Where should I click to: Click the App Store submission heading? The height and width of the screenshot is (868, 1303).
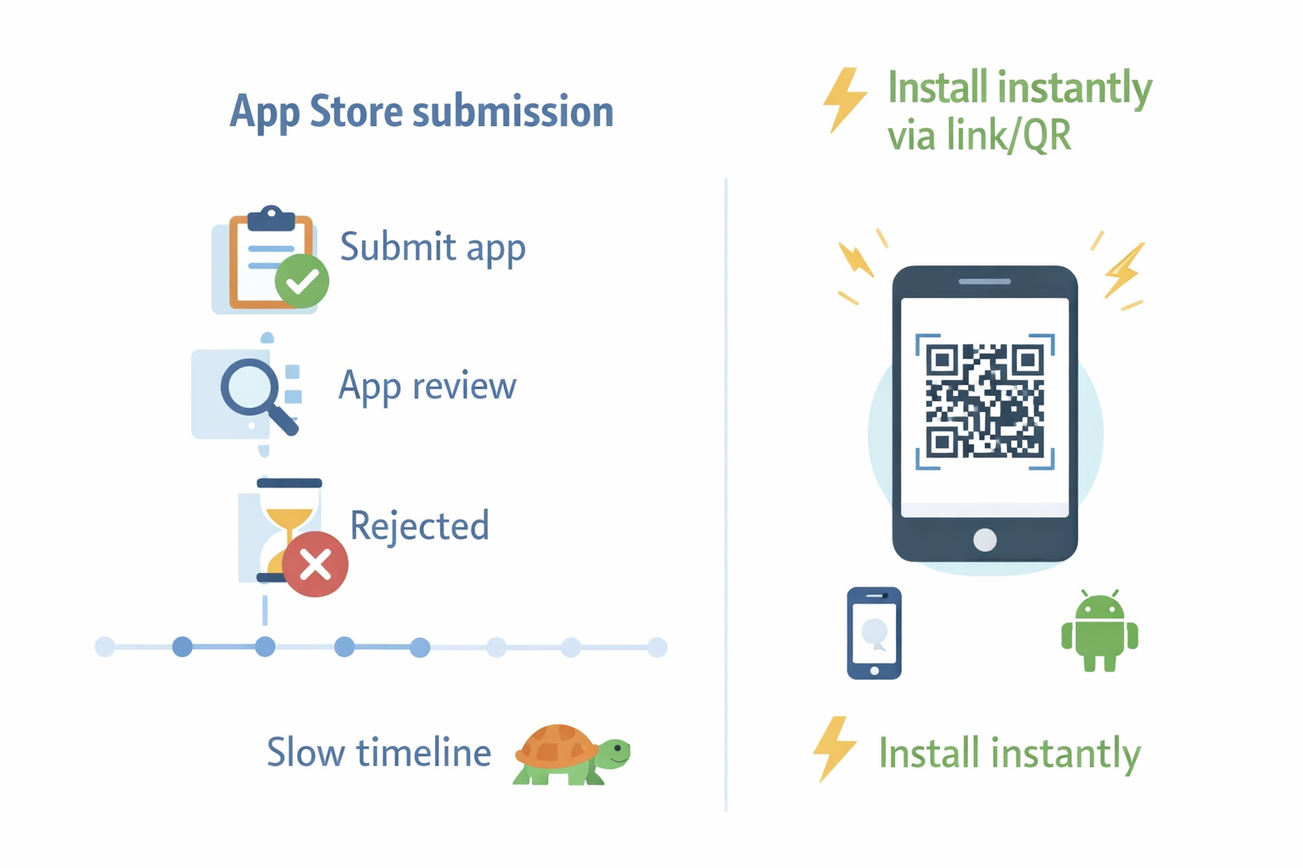422,112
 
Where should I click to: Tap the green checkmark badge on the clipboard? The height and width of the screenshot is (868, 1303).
302,281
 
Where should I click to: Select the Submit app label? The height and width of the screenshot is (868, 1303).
433,248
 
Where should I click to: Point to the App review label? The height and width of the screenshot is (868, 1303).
427,387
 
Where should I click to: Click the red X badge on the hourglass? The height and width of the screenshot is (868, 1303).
315,565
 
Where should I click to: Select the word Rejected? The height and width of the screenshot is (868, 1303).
419,526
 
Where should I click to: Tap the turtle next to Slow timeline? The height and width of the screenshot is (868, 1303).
571,754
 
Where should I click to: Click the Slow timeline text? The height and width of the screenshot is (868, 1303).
378,753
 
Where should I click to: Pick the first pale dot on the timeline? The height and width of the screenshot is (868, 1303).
105,648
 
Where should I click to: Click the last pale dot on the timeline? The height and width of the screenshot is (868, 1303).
657,648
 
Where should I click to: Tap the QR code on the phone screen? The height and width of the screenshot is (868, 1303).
985,401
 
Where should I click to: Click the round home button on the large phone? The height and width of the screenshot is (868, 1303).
985,540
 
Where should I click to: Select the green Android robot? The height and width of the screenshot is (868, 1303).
1099,632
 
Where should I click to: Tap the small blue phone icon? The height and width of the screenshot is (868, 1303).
874,633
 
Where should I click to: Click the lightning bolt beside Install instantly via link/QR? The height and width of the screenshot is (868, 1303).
844,100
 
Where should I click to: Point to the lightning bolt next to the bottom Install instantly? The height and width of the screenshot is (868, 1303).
834,748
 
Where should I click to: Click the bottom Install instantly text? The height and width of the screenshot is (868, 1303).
1009,754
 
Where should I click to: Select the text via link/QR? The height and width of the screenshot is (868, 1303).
979,136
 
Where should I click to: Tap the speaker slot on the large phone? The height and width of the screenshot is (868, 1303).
985,281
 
